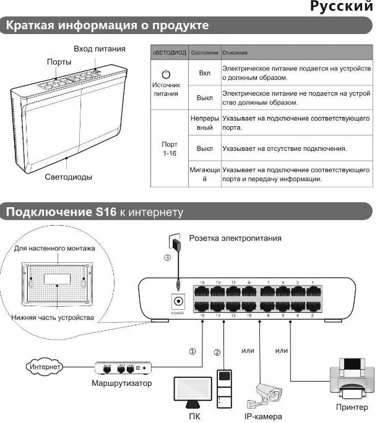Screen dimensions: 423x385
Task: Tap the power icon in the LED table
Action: [165, 74]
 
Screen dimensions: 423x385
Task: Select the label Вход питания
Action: [99, 49]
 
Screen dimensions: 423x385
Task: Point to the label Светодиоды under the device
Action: [68, 177]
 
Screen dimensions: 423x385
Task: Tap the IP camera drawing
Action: [268, 393]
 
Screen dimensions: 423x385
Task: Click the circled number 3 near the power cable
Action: [167, 258]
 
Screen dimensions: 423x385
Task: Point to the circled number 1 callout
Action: [192, 351]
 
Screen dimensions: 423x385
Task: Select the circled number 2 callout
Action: [217, 352]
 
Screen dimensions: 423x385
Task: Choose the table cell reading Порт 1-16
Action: [170, 148]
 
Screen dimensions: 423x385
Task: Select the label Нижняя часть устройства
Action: [52, 317]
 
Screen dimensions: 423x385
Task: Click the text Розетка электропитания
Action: [235, 238]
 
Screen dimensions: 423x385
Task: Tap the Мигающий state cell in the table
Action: [205, 174]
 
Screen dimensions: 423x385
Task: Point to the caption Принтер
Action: [352, 407]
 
